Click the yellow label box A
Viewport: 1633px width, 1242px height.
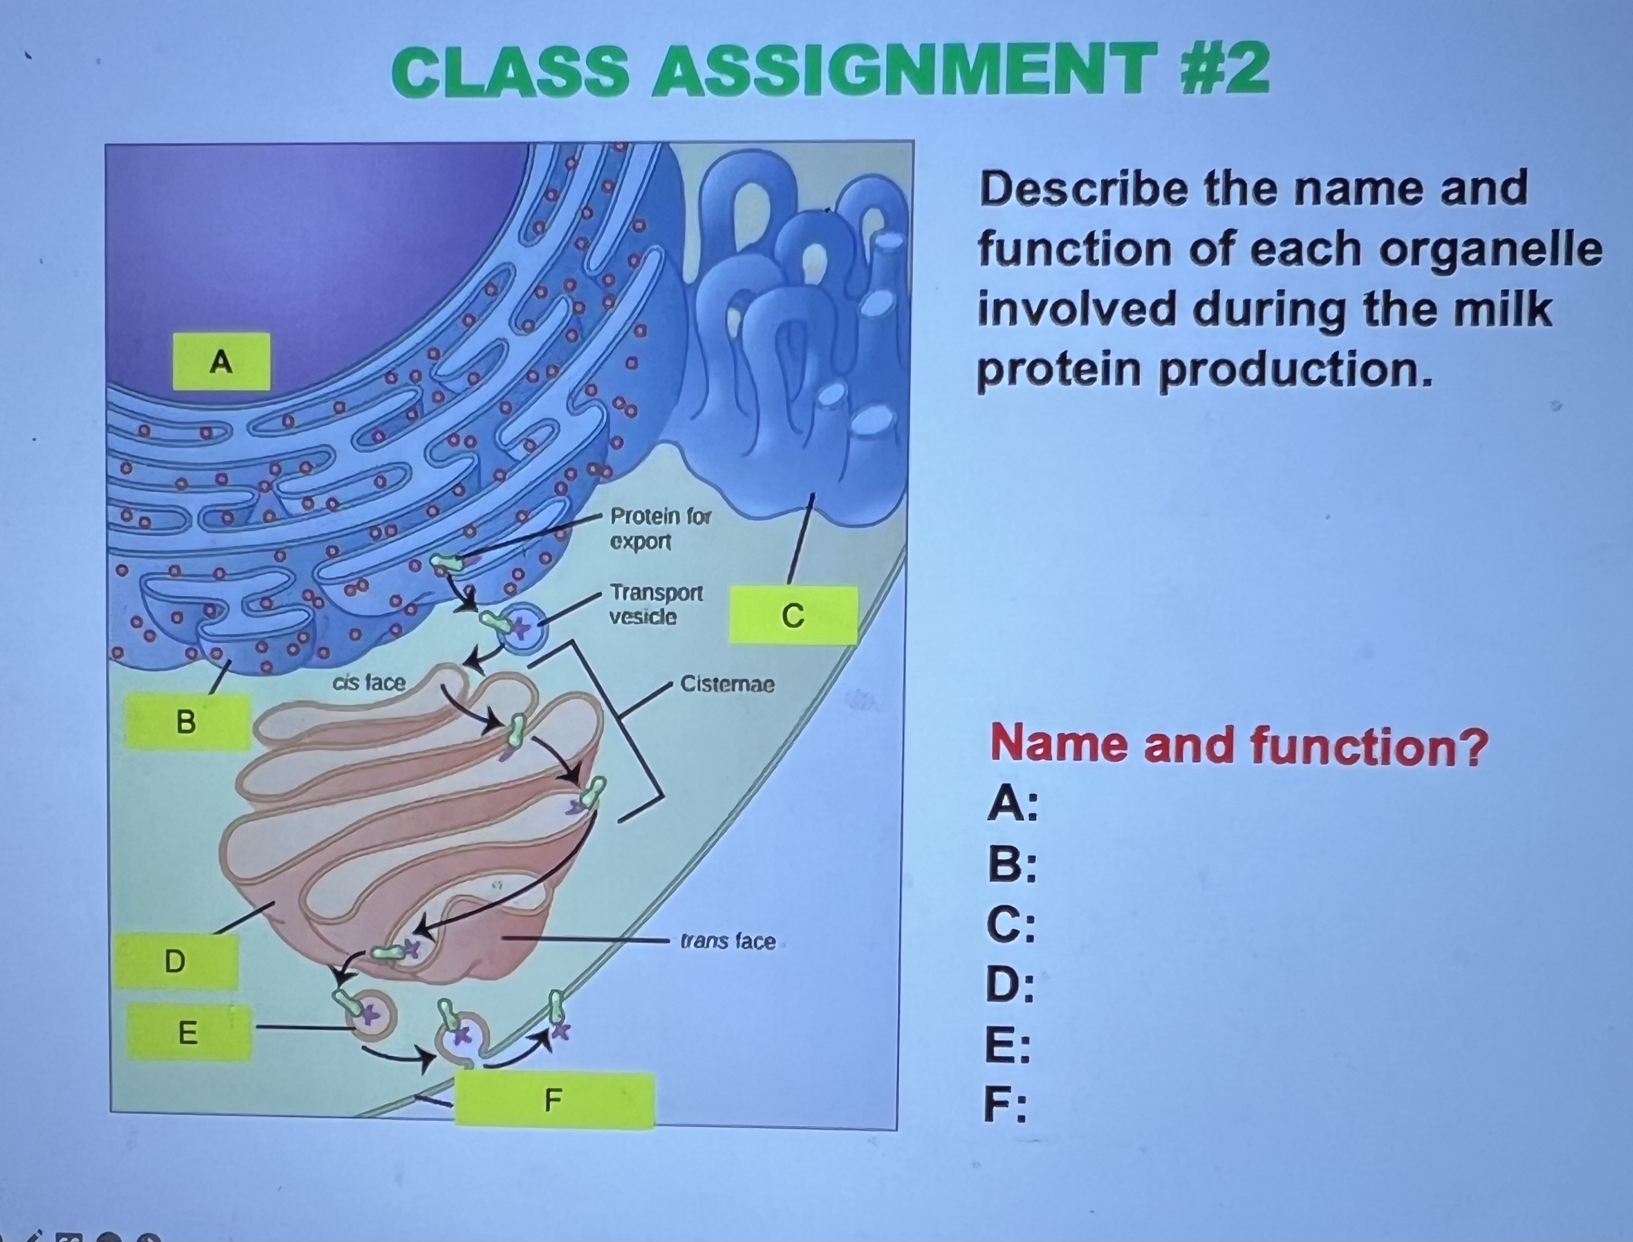point(221,361)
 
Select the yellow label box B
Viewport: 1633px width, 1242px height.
point(187,721)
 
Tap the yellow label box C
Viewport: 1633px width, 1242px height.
point(792,615)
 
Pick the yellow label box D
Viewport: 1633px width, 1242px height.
point(176,961)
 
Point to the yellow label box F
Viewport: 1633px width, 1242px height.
point(554,1100)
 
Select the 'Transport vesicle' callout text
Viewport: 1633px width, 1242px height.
point(655,604)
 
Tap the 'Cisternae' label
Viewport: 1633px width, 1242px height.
point(727,684)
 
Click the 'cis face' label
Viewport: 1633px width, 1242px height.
point(369,682)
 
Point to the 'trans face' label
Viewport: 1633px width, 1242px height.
point(727,941)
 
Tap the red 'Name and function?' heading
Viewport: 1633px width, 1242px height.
point(1238,744)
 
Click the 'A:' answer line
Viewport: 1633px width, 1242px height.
point(1012,804)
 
